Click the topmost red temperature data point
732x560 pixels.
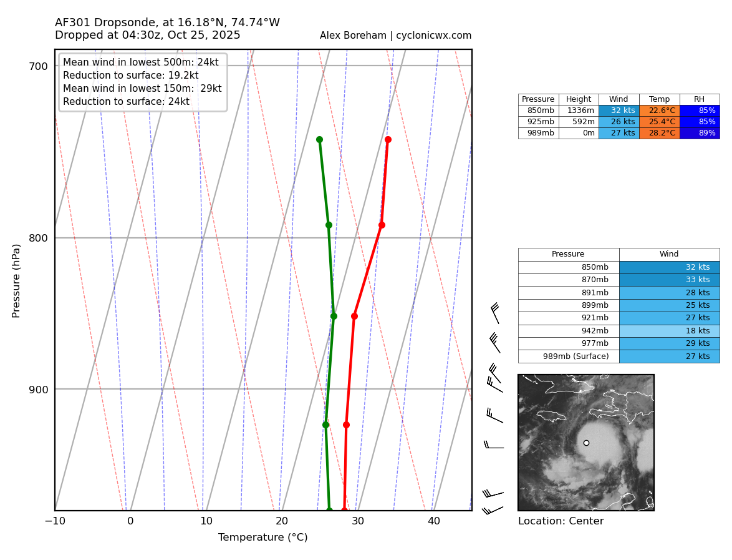point(388,140)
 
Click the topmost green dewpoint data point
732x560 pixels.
point(319,140)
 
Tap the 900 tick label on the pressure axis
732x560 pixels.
point(39,389)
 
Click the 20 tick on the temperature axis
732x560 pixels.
point(282,521)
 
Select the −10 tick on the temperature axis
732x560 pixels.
point(55,521)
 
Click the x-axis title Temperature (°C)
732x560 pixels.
point(262,538)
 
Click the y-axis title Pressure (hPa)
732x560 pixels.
point(17,280)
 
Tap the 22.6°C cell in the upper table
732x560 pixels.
point(659,111)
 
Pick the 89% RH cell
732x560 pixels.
point(699,133)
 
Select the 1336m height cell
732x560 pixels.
point(579,111)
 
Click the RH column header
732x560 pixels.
point(699,99)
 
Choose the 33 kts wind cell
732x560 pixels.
point(669,280)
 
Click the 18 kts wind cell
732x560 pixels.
point(669,331)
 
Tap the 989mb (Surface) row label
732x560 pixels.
point(568,356)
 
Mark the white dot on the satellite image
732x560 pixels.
point(586,443)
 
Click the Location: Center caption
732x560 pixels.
point(561,521)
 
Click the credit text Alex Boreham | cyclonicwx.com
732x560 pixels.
point(395,36)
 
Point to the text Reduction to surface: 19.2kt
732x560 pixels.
point(130,76)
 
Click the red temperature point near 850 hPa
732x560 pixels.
point(354,316)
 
